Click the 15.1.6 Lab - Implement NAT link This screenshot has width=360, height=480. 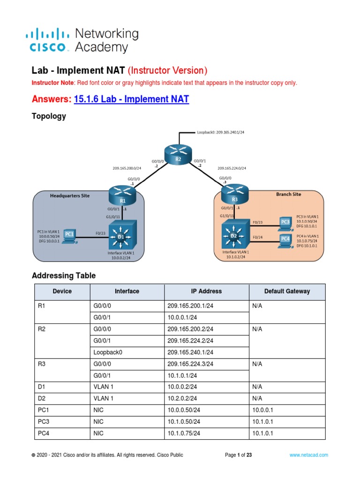[131, 99]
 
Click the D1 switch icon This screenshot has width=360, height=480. [121, 235]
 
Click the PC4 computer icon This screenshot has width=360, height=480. [285, 239]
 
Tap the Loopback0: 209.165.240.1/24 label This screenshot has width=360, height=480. [220, 133]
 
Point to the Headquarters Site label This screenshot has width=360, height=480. [70, 195]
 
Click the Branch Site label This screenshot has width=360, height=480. [288, 194]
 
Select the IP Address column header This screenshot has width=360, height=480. [206, 291]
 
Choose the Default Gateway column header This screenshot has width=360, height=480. [287, 291]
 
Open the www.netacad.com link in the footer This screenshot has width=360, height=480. [308, 455]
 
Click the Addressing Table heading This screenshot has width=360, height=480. [63, 276]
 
